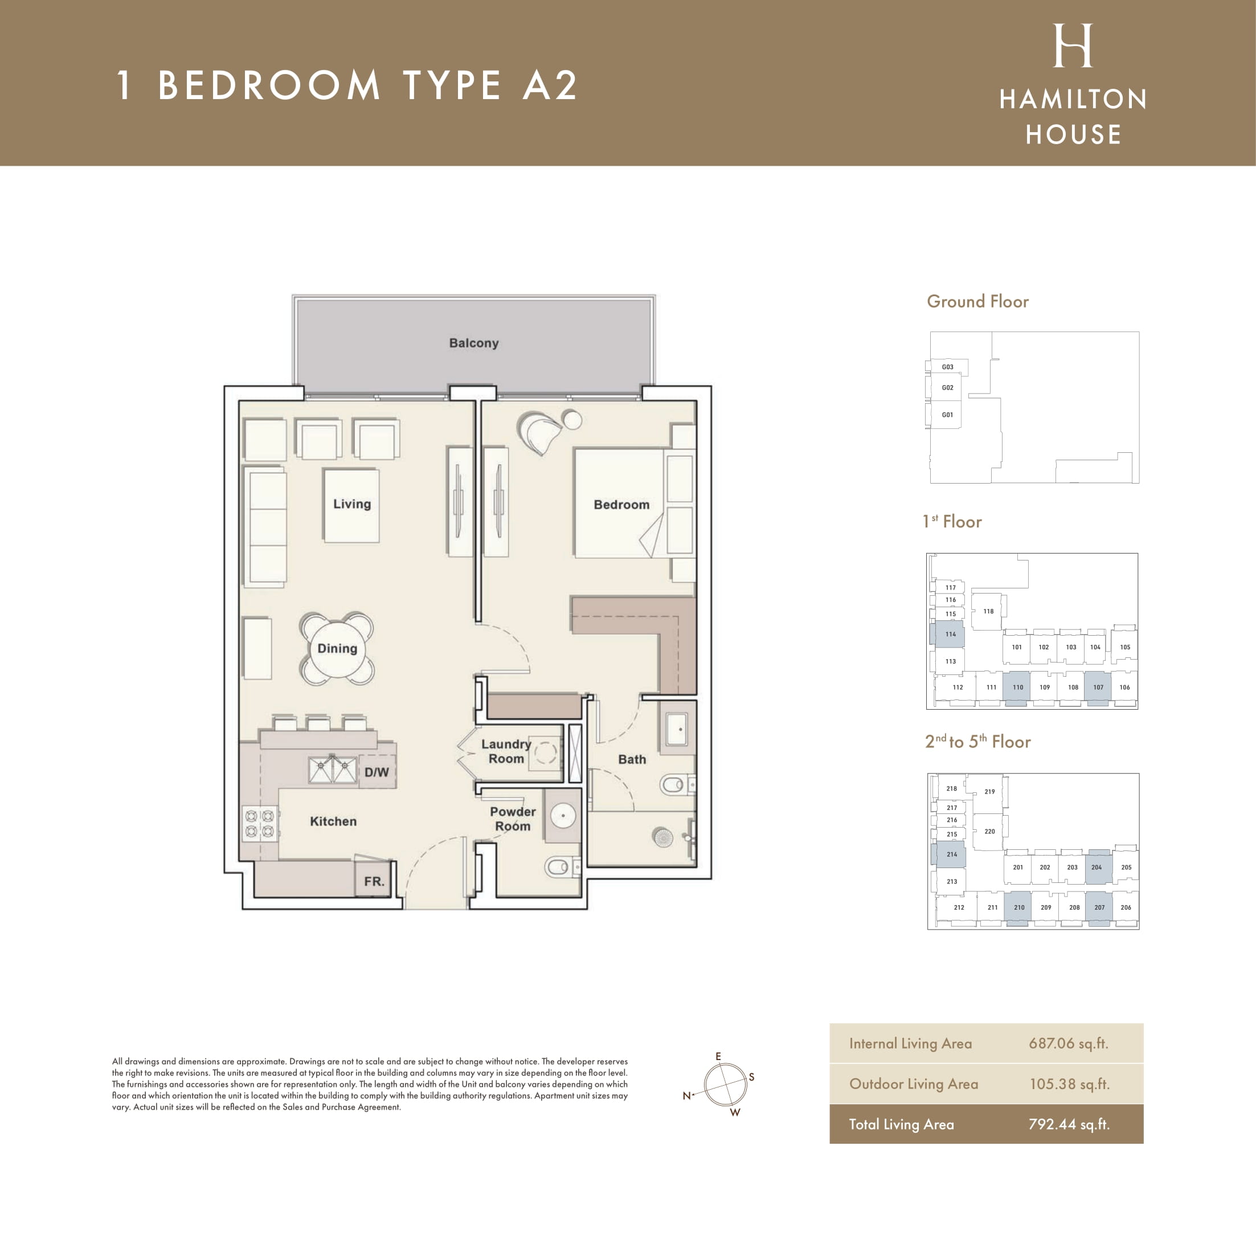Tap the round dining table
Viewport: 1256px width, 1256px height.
(x=337, y=648)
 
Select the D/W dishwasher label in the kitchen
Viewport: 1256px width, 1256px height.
(x=377, y=772)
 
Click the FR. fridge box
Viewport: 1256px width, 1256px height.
(x=374, y=880)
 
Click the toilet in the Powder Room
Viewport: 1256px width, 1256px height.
(x=561, y=866)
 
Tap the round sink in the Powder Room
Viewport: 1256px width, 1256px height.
(x=562, y=815)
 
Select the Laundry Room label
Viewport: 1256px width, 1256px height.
(x=506, y=751)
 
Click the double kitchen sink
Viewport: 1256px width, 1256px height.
(x=332, y=770)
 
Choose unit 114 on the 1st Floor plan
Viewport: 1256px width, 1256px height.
(x=951, y=634)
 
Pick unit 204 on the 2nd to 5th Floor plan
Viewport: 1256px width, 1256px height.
(x=1097, y=867)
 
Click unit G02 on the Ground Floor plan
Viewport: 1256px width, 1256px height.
(x=947, y=387)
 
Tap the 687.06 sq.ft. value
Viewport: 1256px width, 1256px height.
(x=1068, y=1044)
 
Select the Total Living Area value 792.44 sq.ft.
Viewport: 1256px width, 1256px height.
(x=1068, y=1124)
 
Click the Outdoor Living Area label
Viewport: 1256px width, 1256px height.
(x=914, y=1084)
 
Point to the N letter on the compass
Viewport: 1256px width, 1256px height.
(x=686, y=1095)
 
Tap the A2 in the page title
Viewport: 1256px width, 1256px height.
(x=550, y=85)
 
